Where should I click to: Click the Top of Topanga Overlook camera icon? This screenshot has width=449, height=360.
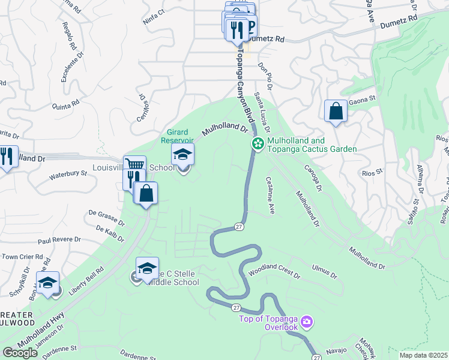307,323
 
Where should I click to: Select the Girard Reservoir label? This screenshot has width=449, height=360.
182,136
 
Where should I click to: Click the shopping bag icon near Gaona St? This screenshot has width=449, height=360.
336,111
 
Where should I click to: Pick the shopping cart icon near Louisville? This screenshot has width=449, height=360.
134,165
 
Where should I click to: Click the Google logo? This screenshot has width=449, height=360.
20,353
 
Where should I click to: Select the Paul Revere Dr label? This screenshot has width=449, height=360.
59,240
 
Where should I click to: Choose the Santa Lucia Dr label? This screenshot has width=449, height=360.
262,113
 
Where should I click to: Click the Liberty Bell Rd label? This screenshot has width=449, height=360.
83,278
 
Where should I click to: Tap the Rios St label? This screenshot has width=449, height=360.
372,172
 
